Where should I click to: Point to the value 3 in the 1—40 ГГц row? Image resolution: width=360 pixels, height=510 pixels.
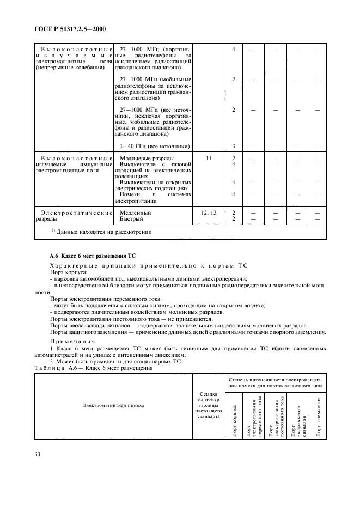click(x=233, y=146)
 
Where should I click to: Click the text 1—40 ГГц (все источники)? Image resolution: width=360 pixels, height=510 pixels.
click(x=154, y=146)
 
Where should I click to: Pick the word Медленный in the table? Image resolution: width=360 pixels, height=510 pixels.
click(x=135, y=212)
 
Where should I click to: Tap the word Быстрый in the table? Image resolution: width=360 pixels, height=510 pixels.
click(x=131, y=219)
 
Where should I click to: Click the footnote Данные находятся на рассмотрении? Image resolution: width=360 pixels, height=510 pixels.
click(x=100, y=232)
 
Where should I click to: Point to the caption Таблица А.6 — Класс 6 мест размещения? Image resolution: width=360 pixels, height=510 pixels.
click(x=94, y=368)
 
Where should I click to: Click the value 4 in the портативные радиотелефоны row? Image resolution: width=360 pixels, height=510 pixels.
click(x=233, y=50)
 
